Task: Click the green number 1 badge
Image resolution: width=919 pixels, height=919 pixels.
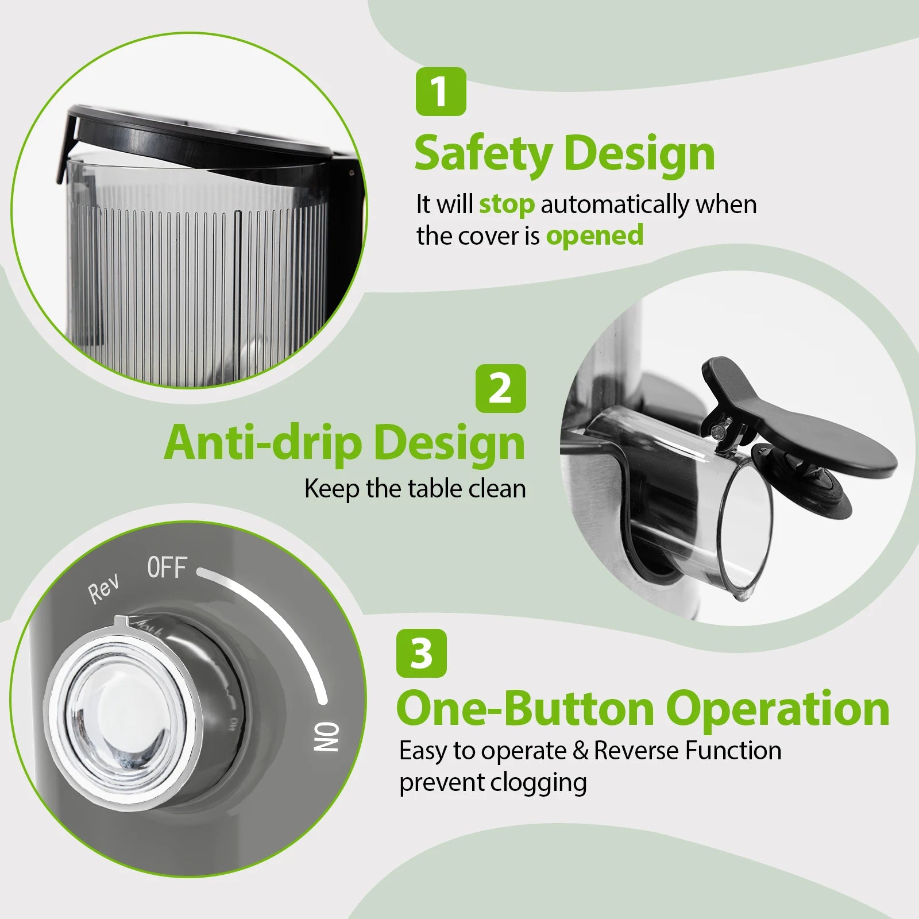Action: click(x=441, y=91)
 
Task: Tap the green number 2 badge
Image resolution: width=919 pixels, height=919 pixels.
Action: click(x=501, y=388)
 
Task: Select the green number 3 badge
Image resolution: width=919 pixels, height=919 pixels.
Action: click(x=421, y=653)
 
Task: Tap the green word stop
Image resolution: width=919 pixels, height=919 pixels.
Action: click(x=507, y=204)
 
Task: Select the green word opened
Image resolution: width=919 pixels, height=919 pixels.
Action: click(x=594, y=236)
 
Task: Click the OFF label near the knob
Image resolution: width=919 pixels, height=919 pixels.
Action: click(x=167, y=567)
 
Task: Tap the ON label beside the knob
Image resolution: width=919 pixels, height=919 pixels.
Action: click(x=327, y=737)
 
